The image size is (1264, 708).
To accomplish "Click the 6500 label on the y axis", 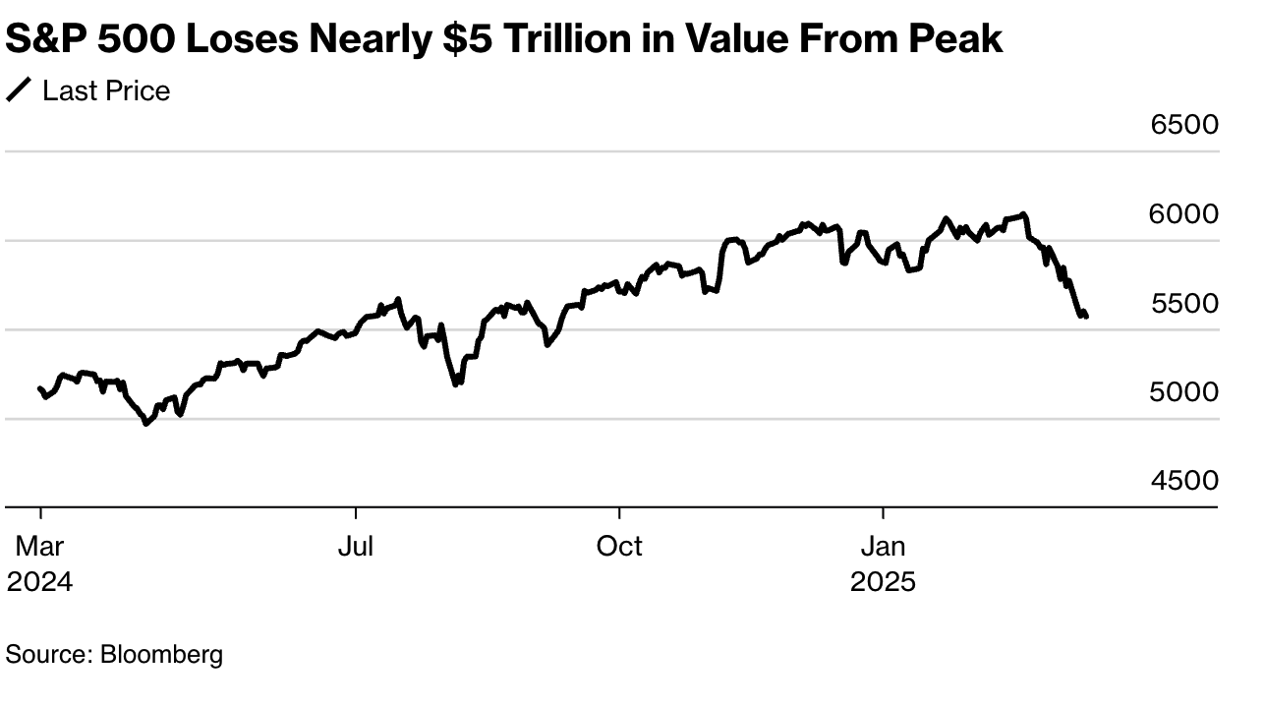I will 1184,126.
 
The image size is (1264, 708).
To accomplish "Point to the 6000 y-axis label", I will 1184,214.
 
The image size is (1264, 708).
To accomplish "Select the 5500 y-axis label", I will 1184,304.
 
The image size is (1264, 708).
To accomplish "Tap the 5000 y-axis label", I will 1184,392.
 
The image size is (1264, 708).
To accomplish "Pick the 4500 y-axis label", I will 1184,481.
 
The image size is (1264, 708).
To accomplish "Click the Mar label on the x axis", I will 39,547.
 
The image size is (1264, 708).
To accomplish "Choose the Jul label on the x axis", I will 355,547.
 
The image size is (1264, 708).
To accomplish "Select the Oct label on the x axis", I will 619,547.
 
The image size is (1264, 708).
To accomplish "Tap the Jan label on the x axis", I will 883,547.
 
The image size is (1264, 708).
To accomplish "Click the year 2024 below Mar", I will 39,582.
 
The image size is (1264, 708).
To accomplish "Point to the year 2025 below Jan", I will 883,582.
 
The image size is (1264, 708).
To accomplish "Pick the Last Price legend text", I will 106,91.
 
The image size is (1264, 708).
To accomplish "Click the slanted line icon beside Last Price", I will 19,91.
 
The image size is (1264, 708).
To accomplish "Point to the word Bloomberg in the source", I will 161,654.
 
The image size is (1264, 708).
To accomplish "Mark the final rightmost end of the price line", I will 1086,316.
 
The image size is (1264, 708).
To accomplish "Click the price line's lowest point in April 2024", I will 146,424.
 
